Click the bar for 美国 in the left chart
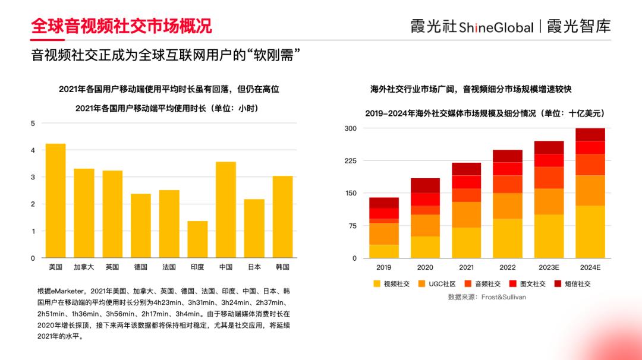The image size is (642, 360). tap(55, 201)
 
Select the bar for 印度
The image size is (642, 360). tap(197, 239)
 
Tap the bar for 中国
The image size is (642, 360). tap(226, 210)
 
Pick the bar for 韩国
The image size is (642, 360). tap(282, 217)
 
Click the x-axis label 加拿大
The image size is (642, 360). tap(84, 267)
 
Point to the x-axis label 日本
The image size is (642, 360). tap(254, 267)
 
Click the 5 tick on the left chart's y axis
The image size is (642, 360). tap(33, 124)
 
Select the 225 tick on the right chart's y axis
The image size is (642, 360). tap(350, 161)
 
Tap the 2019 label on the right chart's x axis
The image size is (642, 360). tap(384, 268)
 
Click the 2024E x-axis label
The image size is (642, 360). tap(590, 268)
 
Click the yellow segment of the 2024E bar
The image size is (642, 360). tap(590, 232)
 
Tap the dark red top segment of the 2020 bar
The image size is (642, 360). tap(425, 185)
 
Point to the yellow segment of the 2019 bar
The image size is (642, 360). tap(384, 251)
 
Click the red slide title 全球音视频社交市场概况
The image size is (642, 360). tap(121, 26)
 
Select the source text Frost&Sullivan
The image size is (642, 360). tap(503, 296)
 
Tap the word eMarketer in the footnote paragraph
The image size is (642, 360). tap(70, 291)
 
